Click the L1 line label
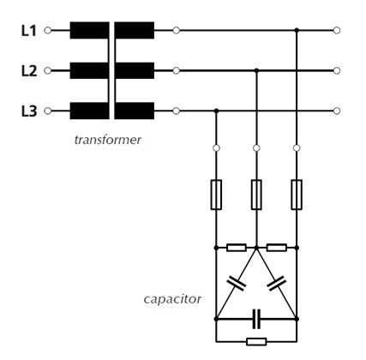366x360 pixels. pyautogui.click(x=28, y=31)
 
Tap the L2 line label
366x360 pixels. pyautogui.click(x=28, y=71)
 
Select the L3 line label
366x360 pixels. pyautogui.click(x=28, y=111)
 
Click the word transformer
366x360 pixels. pyautogui.click(x=106, y=139)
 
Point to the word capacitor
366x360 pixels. pyautogui.click(x=172, y=299)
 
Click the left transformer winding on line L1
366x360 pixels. pyautogui.click(x=89, y=31)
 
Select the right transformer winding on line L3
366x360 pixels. pyautogui.click(x=135, y=111)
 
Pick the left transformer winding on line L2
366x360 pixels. pyautogui.click(x=89, y=70)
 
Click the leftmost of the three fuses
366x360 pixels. pyautogui.click(x=216, y=195)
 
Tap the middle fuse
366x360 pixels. pyautogui.click(x=256, y=195)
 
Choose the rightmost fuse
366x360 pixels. pyautogui.click(x=297, y=195)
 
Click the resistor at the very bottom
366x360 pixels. pyautogui.click(x=256, y=341)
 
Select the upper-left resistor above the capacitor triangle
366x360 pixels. pyautogui.click(x=237, y=247)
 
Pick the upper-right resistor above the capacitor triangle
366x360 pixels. pyautogui.click(x=276, y=247)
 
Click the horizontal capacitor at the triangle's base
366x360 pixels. pyautogui.click(x=256, y=320)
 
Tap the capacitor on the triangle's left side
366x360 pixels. pyautogui.click(x=235, y=284)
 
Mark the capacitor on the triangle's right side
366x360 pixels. pyautogui.click(x=277, y=284)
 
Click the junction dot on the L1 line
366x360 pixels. pyautogui.click(x=297, y=31)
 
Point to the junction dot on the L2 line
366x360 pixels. pyautogui.click(x=256, y=70)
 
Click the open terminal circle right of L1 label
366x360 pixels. pyautogui.click(x=48, y=31)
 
